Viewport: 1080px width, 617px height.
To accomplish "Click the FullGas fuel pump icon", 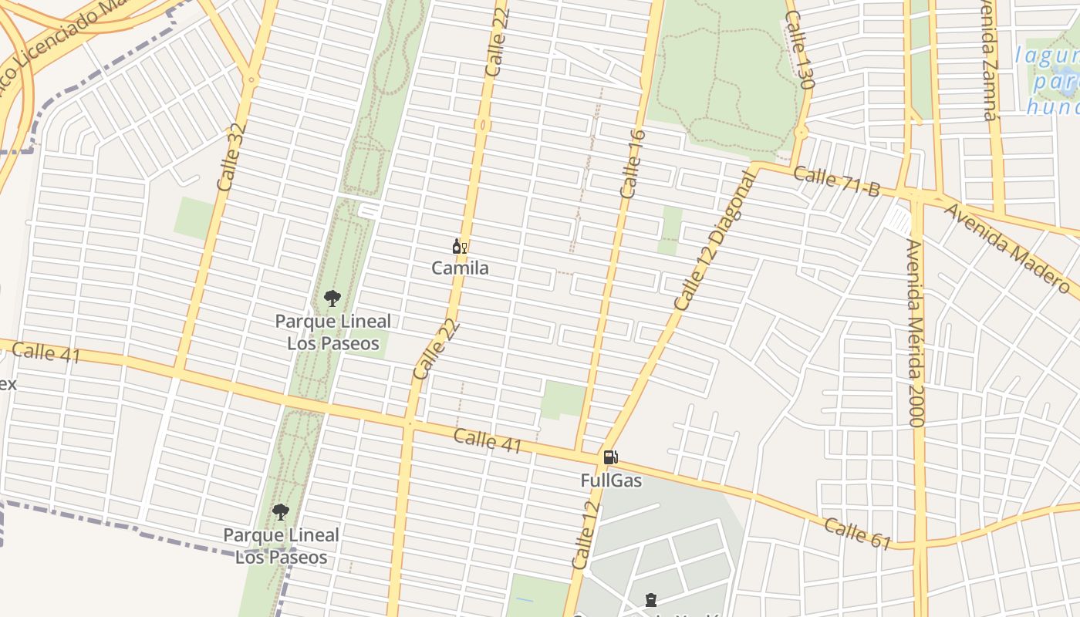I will tap(610, 457).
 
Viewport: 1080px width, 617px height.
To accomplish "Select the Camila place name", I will tap(460, 268).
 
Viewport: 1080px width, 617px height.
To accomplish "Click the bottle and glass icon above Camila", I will tap(460, 247).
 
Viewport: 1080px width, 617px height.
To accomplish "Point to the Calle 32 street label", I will tap(231, 157).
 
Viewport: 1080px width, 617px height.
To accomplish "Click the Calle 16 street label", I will tap(633, 164).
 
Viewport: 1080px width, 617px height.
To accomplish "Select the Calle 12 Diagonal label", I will tap(716, 241).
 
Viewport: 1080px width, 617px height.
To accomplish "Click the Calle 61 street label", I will tap(858, 533).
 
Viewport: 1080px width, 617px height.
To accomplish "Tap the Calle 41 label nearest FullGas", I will tap(488, 442).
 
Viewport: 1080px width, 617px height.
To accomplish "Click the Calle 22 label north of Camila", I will tap(498, 43).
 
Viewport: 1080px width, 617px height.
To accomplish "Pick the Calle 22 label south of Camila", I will tap(436, 349).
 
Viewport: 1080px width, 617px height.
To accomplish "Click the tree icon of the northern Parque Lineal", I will tap(332, 298).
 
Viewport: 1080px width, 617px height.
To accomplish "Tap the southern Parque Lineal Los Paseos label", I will tap(281, 546).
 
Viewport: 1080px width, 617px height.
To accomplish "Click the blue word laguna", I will tap(1046, 56).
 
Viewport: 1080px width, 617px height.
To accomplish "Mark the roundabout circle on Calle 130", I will tap(801, 133).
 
